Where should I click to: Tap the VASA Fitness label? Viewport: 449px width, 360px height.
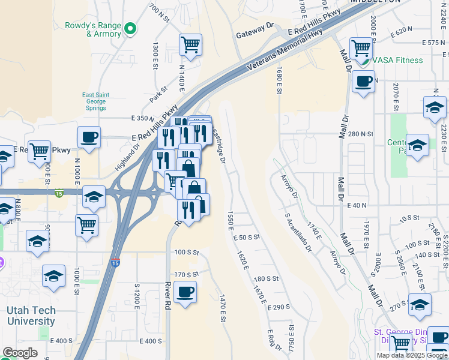[x=397, y=60]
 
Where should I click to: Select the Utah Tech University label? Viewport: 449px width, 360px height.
[x=31, y=316]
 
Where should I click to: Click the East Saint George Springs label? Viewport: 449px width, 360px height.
[x=95, y=102]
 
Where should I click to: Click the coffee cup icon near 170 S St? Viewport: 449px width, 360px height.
[x=185, y=292]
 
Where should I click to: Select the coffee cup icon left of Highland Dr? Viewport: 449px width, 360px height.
[x=89, y=137]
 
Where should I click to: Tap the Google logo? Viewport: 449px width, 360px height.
[x=20, y=353]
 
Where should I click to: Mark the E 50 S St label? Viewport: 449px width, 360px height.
[x=246, y=238]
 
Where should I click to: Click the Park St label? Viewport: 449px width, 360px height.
[x=158, y=94]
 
